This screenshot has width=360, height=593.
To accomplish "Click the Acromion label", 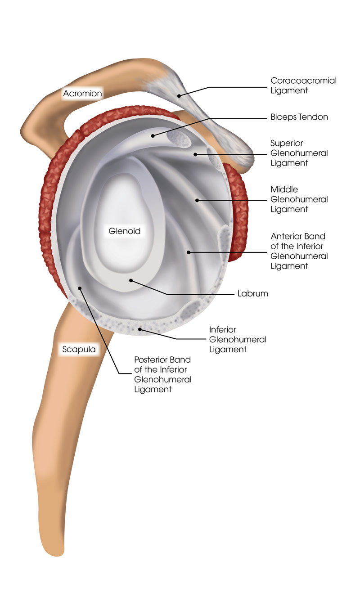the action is tap(82, 94).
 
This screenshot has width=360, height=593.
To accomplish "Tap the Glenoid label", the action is tap(124, 231).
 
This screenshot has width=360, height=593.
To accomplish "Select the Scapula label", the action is tap(79, 349).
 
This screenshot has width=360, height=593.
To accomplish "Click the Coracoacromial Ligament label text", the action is tap(303, 85).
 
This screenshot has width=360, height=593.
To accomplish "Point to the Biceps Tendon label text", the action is tap(299, 117).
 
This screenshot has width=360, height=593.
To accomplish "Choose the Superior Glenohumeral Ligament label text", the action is tap(299, 153).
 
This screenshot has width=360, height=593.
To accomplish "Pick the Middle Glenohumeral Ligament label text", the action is tap(299, 199).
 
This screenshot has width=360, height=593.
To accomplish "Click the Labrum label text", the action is tap(252, 293).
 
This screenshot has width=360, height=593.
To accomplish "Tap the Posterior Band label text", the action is tap(162, 374).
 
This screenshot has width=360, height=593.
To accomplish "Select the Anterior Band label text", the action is tap(299, 251).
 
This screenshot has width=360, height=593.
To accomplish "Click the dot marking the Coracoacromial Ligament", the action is tap(179, 96).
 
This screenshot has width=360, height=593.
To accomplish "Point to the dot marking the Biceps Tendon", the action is tap(153, 136).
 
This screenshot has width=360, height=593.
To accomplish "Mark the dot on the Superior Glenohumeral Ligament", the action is tap(195, 154).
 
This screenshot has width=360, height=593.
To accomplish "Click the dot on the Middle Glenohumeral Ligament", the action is tap(197, 200).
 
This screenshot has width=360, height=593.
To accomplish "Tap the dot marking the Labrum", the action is tap(131, 280).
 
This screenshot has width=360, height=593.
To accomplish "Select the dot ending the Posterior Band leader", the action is tap(80, 288).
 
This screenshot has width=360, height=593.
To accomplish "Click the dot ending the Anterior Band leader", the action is tap(189, 252).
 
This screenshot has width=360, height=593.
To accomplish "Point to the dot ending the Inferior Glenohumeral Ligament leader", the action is tap(140, 329).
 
